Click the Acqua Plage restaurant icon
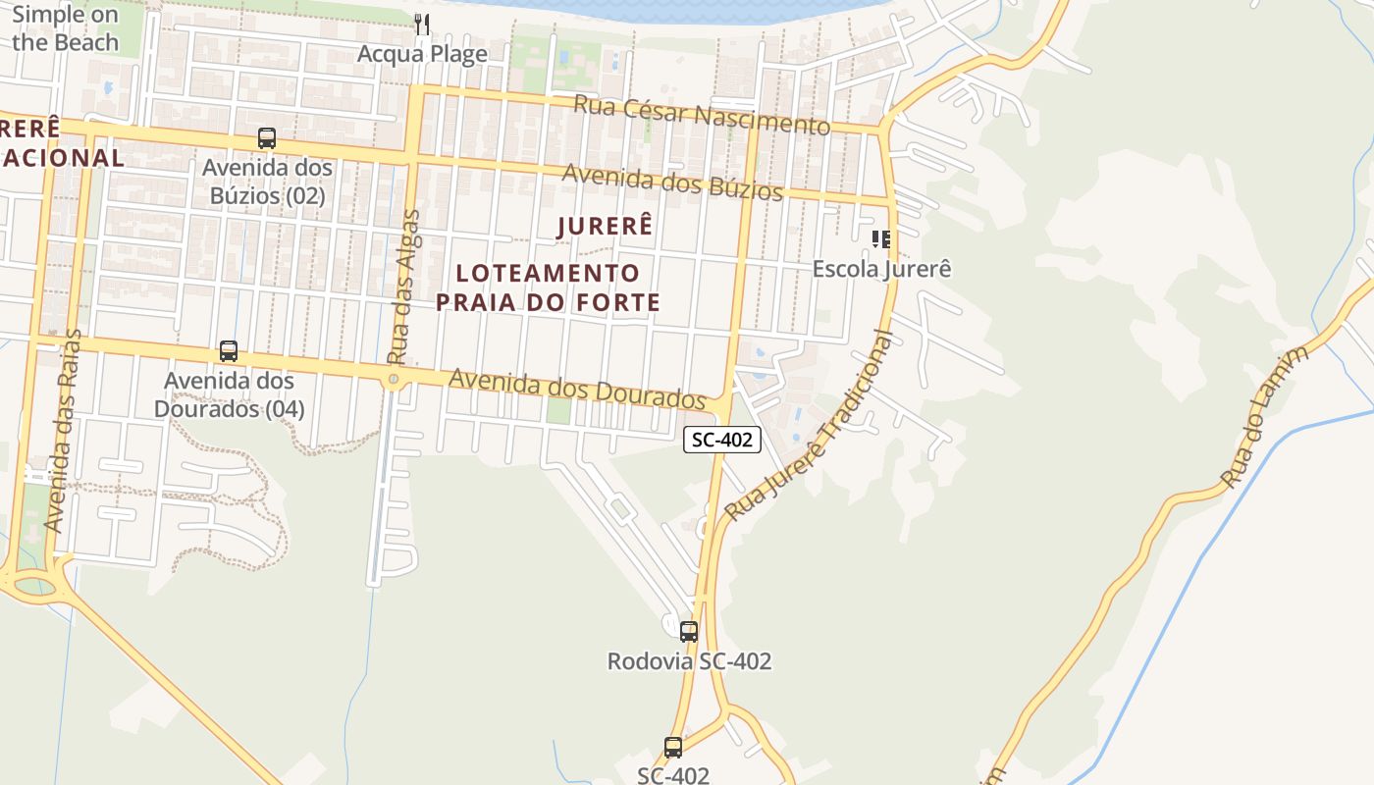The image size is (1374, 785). (422, 25)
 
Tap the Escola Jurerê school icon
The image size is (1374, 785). (881, 238)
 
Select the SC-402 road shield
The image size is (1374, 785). (722, 440)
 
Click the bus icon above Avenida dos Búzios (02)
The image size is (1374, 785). (267, 138)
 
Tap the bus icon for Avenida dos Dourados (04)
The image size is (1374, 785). (229, 350)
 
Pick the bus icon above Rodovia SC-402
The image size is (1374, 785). (689, 631)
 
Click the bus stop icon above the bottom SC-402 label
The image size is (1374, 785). (673, 747)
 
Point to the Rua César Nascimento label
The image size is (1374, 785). (702, 115)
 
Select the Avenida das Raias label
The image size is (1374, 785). (65, 431)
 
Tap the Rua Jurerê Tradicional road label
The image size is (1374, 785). (812, 428)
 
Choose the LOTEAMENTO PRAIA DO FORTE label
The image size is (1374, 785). (548, 288)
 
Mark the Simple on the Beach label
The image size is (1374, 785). (65, 28)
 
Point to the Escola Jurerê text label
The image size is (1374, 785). (881, 269)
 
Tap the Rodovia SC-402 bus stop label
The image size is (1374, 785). (689, 661)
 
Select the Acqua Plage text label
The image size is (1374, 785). (422, 54)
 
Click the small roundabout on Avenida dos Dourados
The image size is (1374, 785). (394, 379)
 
